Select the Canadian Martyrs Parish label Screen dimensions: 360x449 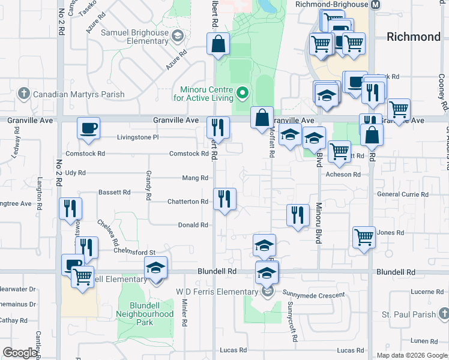tap(78, 94)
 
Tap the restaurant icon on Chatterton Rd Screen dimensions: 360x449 tap(224, 199)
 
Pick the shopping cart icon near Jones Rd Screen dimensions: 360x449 tap(364, 237)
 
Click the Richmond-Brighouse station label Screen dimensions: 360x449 tap(332, 4)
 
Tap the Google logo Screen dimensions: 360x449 tap(20, 353)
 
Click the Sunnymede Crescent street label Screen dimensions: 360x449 tap(315, 295)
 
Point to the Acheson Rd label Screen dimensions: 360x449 tap(343, 175)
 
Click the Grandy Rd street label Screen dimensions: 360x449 tap(148, 185)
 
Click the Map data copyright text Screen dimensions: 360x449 tap(412, 355)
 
